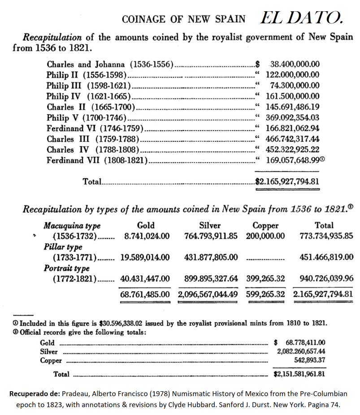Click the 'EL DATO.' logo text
point(301,17)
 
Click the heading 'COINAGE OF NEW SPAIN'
point(183,19)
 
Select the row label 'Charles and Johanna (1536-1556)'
point(110,64)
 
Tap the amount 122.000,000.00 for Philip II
point(292,75)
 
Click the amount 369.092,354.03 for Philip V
point(292,118)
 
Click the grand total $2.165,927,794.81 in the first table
point(287,182)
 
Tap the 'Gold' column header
point(145,225)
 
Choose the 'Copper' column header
point(265,225)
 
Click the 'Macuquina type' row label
point(72,225)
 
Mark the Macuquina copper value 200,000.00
point(265,236)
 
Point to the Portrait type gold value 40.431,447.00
point(145,279)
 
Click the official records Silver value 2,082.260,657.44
point(301,351)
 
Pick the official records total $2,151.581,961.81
point(299,373)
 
